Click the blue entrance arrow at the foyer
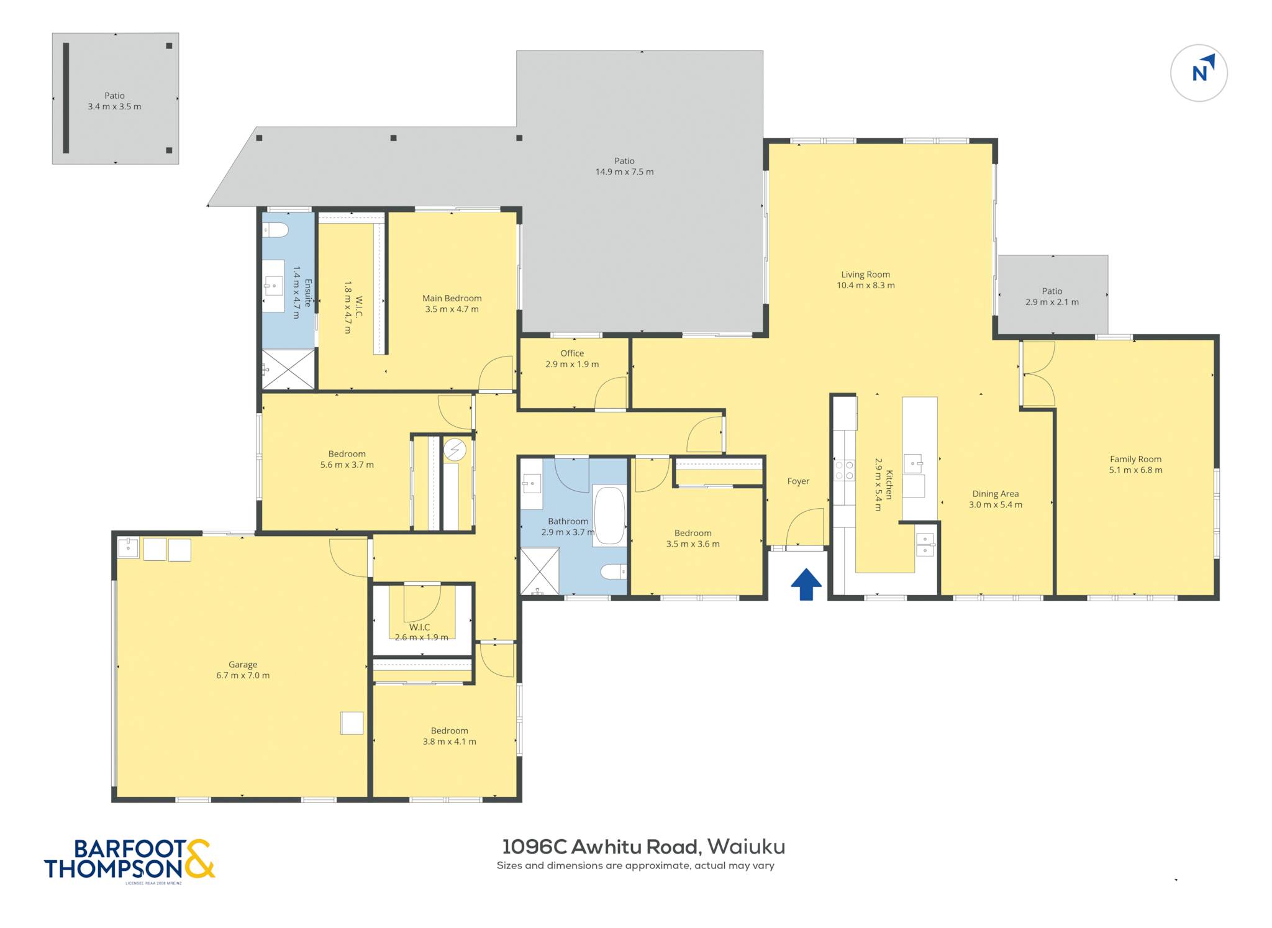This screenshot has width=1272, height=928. coord(806,584)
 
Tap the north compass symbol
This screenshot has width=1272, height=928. coord(1199,73)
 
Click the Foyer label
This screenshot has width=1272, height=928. coord(798,481)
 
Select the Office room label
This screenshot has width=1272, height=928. coord(572,353)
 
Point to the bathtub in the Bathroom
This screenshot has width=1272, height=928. coord(609,516)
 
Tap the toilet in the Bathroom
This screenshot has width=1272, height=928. coord(614,571)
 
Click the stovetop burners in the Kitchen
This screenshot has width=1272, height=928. coord(844,470)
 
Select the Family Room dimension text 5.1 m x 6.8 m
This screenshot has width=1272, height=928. coord(1135,470)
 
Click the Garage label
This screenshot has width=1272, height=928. coord(243,665)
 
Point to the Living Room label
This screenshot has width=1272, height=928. coord(865,275)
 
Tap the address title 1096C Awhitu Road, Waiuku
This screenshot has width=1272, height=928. coord(643,847)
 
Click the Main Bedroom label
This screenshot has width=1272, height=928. coord(452,298)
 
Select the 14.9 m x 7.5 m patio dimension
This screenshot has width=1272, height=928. coord(624,172)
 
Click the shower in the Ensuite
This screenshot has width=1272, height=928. coord(288,370)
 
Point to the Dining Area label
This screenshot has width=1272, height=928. coord(996,494)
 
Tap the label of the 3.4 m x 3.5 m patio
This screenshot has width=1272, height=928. coord(114,96)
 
